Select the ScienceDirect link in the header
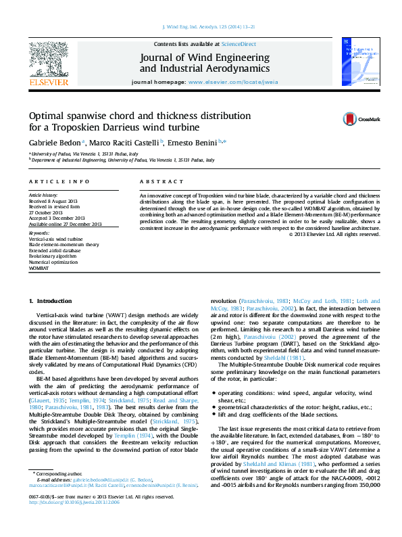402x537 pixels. point(238,43)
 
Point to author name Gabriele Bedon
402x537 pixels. point(54,143)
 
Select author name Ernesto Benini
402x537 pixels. point(195,143)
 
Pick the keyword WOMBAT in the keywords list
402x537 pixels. point(39,268)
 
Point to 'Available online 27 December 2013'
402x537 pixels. point(65,224)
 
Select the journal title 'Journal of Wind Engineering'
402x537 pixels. point(204,57)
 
